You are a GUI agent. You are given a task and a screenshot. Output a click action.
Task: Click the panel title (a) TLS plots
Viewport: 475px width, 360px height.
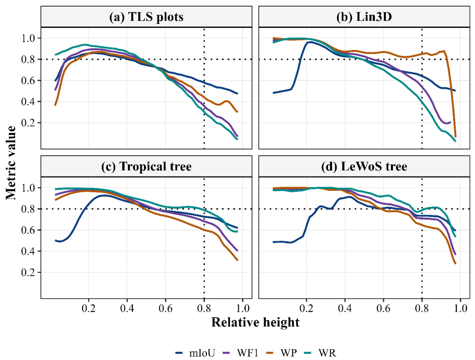pos(146,17)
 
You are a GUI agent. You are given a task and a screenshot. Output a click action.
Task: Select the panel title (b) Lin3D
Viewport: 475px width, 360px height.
pos(364,17)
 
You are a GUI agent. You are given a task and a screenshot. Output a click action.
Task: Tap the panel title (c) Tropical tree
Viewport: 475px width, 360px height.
pos(146,167)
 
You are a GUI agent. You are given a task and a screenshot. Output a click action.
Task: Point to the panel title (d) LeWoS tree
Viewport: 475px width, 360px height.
pos(364,167)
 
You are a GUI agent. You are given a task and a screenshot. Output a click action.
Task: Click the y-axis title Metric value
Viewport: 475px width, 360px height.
pos(11,163)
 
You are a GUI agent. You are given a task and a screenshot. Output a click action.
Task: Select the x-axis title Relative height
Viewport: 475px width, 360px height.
pos(255,322)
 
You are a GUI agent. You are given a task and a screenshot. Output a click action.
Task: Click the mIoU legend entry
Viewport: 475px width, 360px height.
pos(195,353)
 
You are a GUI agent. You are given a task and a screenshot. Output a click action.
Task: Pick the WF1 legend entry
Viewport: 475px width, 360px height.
pos(240,353)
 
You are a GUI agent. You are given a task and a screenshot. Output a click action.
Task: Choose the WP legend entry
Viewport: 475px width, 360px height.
pos(281,353)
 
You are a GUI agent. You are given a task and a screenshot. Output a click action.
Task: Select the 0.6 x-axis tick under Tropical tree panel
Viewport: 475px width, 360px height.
pos(166,308)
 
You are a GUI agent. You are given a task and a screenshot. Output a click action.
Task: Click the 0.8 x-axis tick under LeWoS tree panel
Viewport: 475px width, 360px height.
pos(422,308)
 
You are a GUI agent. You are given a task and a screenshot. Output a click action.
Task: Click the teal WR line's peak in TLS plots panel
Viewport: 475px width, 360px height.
pos(85,45)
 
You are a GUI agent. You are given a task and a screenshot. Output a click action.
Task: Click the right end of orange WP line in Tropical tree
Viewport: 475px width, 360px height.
pos(238,260)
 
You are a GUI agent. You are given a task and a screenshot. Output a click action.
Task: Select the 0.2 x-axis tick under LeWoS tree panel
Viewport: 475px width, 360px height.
pos(306,308)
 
